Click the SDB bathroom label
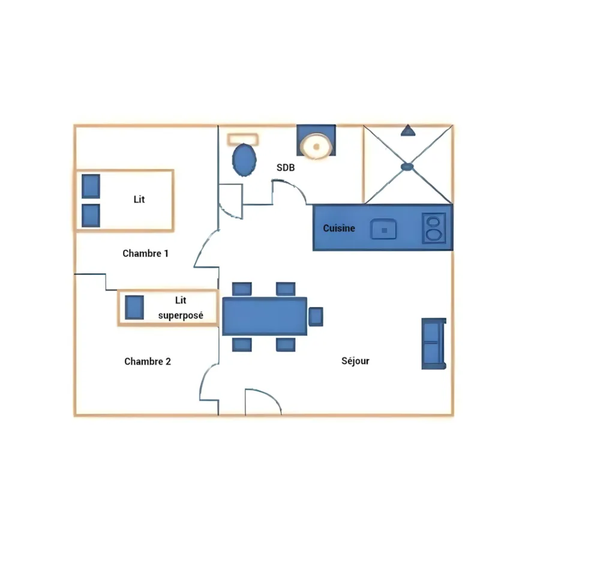click(286, 168)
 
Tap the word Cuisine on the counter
click(339, 228)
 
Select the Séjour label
click(355, 361)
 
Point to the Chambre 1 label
click(145, 253)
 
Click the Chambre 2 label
click(148, 361)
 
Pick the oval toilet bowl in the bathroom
click(244, 160)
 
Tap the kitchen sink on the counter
click(383, 229)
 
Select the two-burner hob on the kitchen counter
click(434, 228)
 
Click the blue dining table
click(265, 316)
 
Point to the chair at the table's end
click(316, 316)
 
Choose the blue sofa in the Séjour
click(433, 343)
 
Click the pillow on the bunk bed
click(134, 307)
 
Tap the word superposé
click(181, 315)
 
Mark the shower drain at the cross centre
click(407, 166)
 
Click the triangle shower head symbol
click(407, 130)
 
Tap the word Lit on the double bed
click(139, 199)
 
